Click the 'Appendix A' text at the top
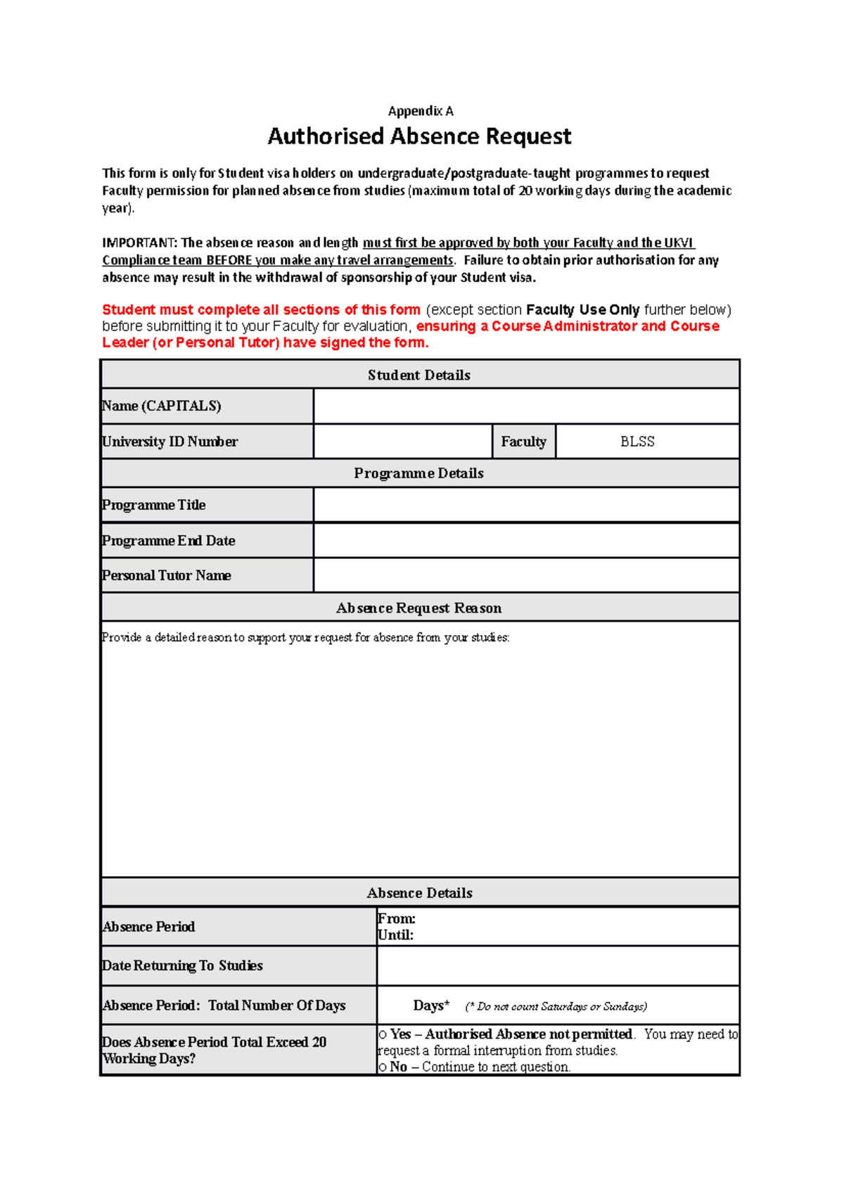(x=421, y=111)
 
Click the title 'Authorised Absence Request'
(x=419, y=136)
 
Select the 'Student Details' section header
(x=419, y=375)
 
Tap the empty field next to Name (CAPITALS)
(x=526, y=406)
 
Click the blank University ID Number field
(x=402, y=442)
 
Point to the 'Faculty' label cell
(x=523, y=442)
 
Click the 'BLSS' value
(x=637, y=442)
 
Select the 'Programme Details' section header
(x=419, y=473)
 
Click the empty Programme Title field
(x=526, y=505)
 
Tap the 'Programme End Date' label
(x=169, y=541)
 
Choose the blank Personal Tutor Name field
(x=526, y=575)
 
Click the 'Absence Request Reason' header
(x=419, y=608)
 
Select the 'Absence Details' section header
(x=419, y=893)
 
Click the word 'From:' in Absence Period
(x=396, y=919)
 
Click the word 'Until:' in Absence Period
(x=395, y=935)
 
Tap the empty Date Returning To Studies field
(x=558, y=965)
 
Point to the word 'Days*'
(x=431, y=1006)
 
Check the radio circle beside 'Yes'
(x=383, y=1035)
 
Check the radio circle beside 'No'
(x=383, y=1067)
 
